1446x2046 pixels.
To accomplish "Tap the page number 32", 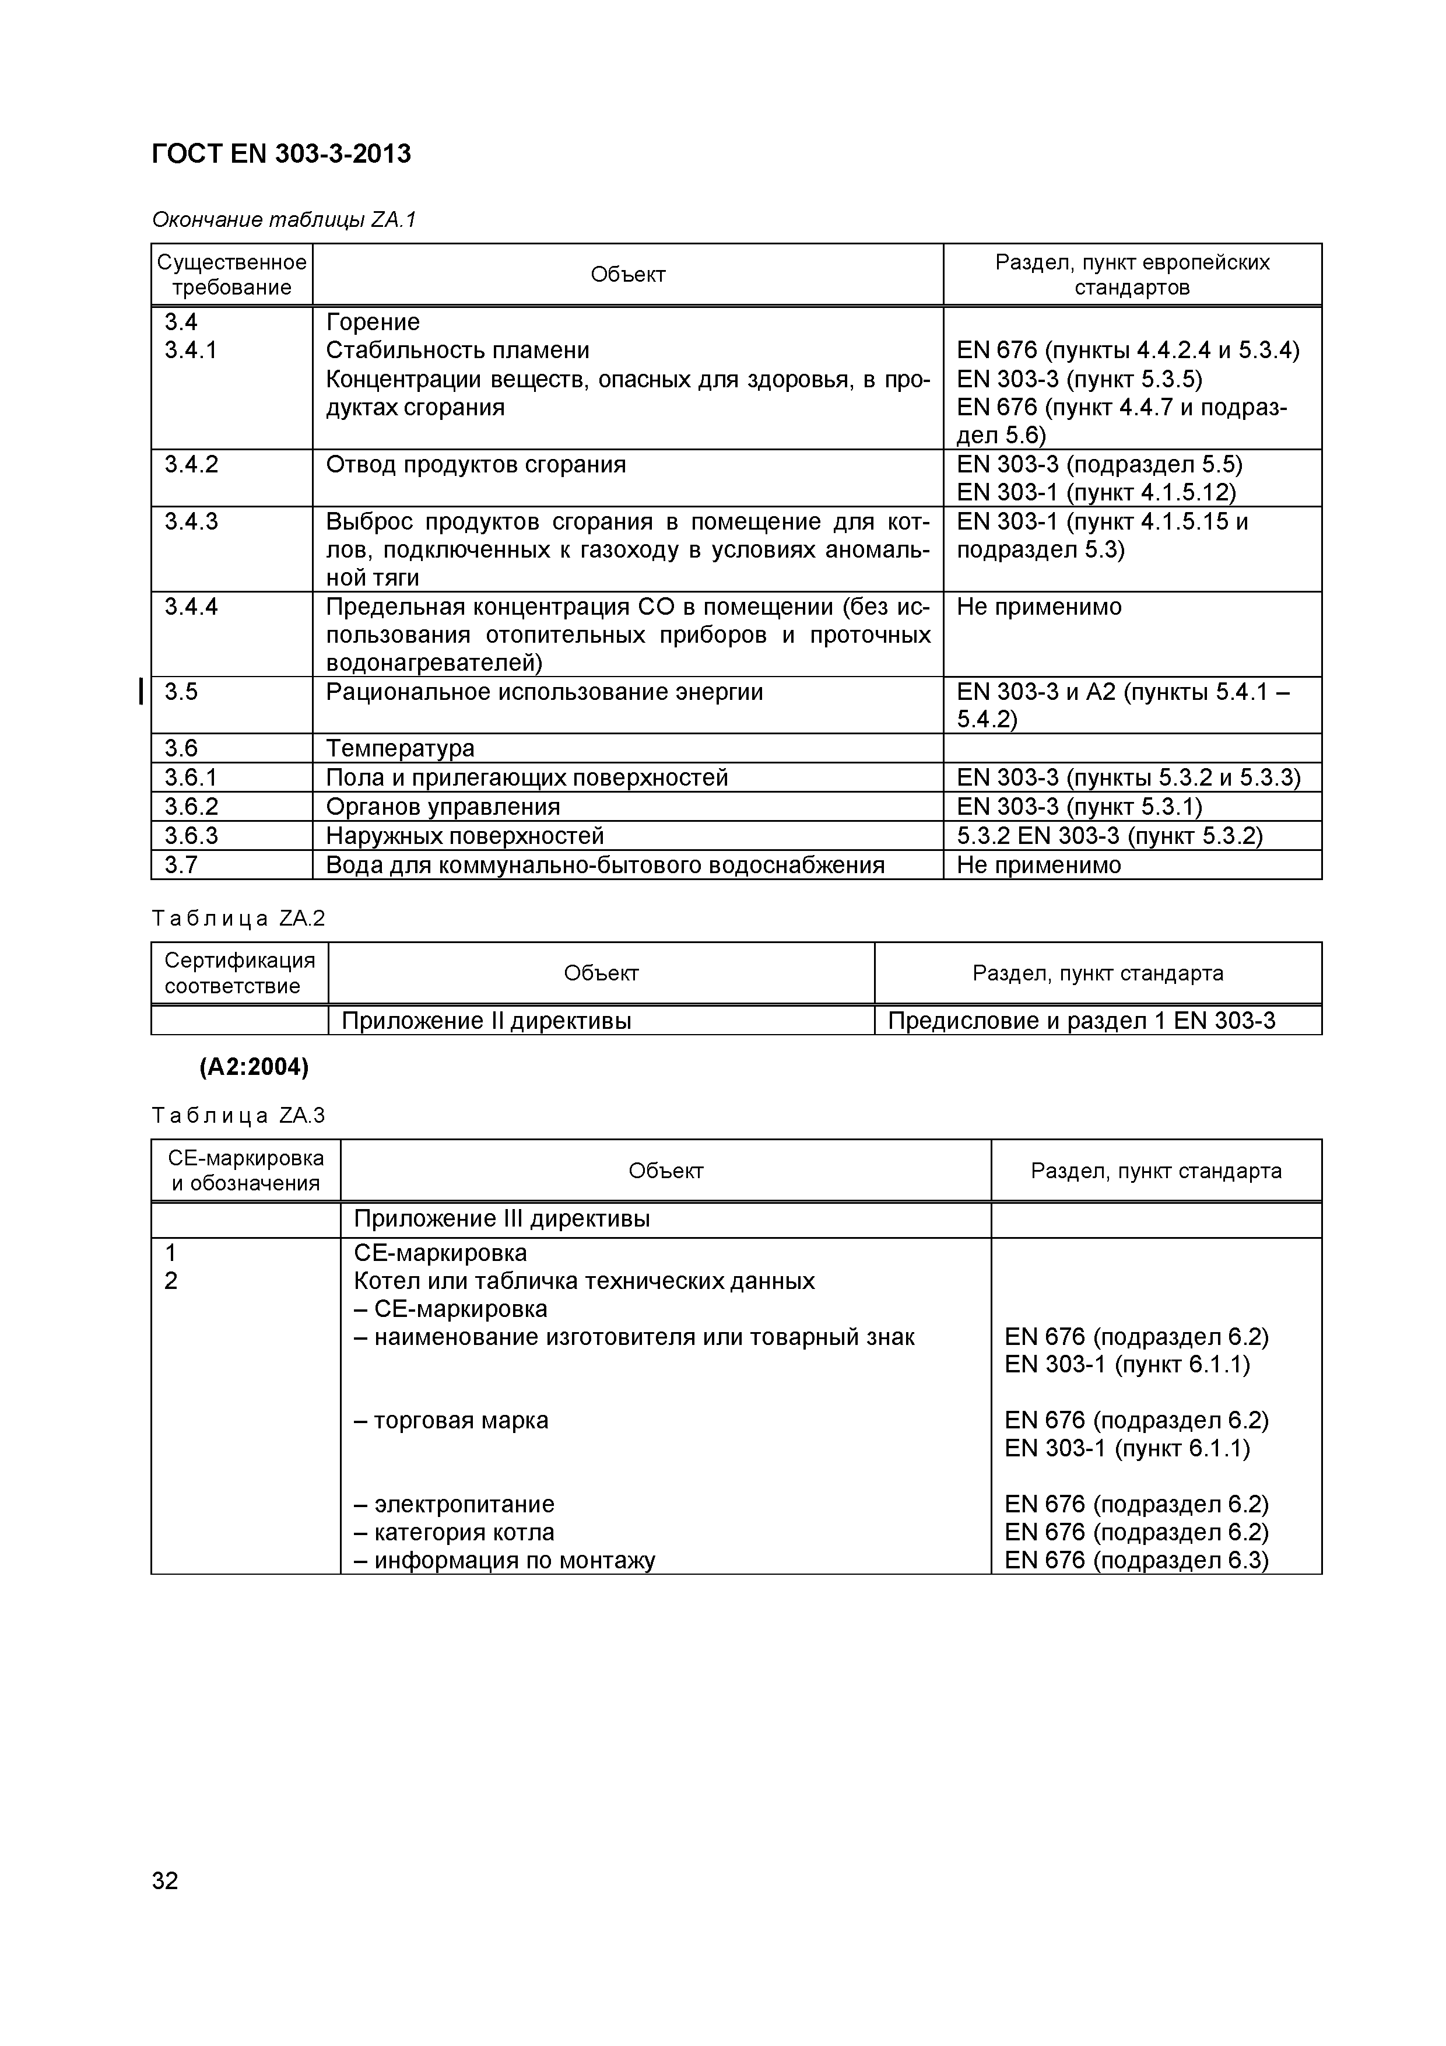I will pyautogui.click(x=165, y=1881).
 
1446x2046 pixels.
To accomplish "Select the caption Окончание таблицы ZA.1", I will pyautogui.click(x=283, y=219).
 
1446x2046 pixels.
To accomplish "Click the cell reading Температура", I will pyautogui.click(x=400, y=748).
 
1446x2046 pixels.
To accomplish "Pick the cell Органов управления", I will pyautogui.click(x=443, y=807).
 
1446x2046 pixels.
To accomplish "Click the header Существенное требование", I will pyautogui.click(x=231, y=275).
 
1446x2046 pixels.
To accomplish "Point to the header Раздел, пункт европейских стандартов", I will pyautogui.click(x=1132, y=275).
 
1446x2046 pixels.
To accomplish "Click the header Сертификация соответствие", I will pyautogui.click(x=240, y=973).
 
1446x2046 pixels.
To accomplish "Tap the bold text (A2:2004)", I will pyautogui.click(x=253, y=1067).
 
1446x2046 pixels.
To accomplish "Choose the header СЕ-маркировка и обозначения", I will pyautogui.click(x=246, y=1170).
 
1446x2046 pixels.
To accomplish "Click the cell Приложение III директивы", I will pyautogui.click(x=501, y=1218).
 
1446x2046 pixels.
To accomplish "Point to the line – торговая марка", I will pyautogui.click(x=451, y=1420).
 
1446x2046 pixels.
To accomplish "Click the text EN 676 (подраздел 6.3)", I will pyautogui.click(x=1136, y=1560).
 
